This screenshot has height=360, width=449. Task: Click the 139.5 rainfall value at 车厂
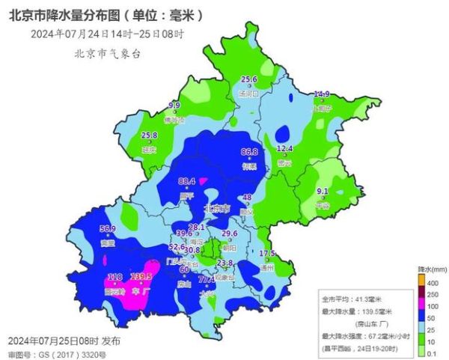pos(141,277)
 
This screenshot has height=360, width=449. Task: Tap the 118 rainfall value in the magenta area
pos(114,277)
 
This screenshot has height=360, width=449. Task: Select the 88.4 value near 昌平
pos(187,181)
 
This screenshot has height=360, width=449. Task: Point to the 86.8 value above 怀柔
pos(249,152)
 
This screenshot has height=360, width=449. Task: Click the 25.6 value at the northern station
pos(248,79)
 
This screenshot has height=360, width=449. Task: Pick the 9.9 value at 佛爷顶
pos(174,106)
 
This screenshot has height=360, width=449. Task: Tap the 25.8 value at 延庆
pos(150,135)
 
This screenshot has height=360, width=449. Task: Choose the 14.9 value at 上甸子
pos(321,94)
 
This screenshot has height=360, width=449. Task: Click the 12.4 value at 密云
pos(284,149)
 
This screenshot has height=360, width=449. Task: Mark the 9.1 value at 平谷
pos(323,191)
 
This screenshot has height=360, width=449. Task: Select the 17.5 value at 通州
pos(268,254)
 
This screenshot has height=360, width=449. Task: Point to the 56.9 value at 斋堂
pos(109,228)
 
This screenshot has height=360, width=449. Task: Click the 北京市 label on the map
pos(218,209)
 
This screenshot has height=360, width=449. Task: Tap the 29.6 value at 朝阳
pos(229,234)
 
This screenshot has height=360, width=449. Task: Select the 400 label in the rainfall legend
pos(436,281)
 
